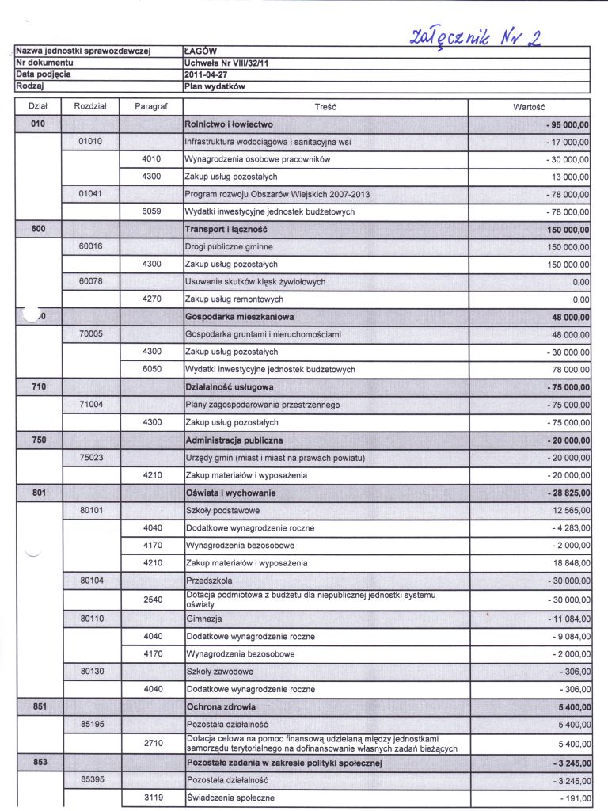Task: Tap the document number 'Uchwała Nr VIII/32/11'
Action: [226, 62]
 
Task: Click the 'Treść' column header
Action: [325, 105]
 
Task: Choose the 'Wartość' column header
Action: [530, 105]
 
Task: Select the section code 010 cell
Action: [38, 124]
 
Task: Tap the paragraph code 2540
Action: [153, 600]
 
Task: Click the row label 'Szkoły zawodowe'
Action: [219, 672]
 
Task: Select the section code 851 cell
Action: [38, 706]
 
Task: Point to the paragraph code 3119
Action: [153, 798]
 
